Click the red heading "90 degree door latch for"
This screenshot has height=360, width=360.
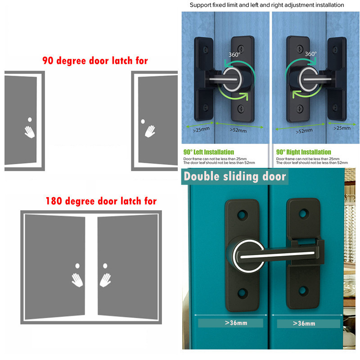coord(95,61)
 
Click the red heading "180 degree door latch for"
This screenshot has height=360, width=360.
coord(101,201)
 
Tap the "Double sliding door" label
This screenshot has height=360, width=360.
coord(235,176)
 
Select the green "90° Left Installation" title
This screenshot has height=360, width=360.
coord(209,152)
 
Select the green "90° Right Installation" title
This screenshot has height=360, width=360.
coord(303,152)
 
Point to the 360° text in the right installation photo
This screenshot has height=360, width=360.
coord(310,54)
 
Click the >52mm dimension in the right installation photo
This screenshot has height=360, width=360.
coord(304,131)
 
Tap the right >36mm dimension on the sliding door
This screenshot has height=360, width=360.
coord(304,323)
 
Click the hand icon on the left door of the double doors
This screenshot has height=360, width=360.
coord(76,279)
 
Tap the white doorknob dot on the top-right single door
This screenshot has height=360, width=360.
coord(143,121)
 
